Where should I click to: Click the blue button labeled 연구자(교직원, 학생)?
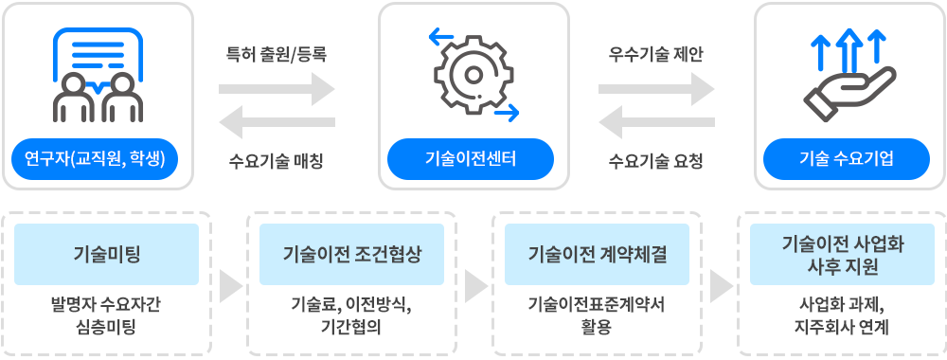[x=95, y=158]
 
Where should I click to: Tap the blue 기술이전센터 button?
[x=471, y=158]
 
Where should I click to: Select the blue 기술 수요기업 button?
[x=847, y=158]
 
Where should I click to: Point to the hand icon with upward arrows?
[x=847, y=74]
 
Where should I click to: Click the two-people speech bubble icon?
[x=96, y=74]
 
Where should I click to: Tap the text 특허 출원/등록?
[x=277, y=54]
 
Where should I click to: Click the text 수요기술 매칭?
[x=277, y=160]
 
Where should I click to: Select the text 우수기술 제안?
[x=656, y=54]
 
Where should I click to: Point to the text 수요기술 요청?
[x=656, y=160]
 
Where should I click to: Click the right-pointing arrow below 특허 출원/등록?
[x=277, y=90]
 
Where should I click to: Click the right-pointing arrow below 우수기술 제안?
[x=656, y=90]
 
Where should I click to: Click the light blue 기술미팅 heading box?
[x=107, y=254]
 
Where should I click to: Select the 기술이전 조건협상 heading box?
[x=351, y=254]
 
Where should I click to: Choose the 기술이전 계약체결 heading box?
[x=597, y=254]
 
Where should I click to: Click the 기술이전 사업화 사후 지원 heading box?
[x=842, y=254]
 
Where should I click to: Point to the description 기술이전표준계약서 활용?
[x=597, y=315]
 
